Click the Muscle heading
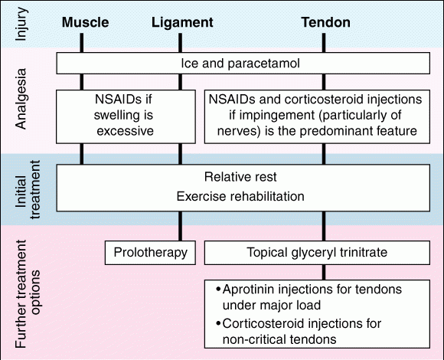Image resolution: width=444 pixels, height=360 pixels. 85,22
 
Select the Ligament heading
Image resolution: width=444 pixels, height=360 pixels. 182,23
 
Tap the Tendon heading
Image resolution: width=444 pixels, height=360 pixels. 325,22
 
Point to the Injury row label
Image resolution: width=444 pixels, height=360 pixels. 21,24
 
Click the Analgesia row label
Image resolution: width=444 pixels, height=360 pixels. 21,99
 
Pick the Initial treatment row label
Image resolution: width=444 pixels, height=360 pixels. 28,189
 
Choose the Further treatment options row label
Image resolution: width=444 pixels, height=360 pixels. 28,294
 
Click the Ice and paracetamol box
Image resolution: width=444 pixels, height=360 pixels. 243,63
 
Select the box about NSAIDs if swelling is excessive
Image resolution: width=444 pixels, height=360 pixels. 126,116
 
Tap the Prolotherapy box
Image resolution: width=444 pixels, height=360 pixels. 150,253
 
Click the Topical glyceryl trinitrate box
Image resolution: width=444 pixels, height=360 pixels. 317,253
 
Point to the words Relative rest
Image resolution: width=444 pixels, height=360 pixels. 240,177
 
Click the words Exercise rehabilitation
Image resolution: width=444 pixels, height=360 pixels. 240,196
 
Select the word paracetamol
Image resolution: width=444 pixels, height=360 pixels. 263,64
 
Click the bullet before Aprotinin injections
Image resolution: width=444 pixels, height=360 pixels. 218,290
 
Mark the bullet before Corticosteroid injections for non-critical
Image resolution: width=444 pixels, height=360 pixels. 218,323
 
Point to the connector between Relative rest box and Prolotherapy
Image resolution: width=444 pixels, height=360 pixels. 181,226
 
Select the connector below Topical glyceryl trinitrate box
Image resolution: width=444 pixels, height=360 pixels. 324,273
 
